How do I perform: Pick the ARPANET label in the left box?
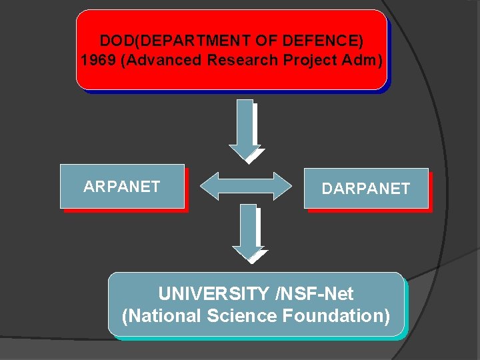pyautogui.click(x=121, y=187)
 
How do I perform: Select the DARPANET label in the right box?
pyautogui.click(x=365, y=189)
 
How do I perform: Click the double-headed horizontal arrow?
pyautogui.click(x=246, y=186)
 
